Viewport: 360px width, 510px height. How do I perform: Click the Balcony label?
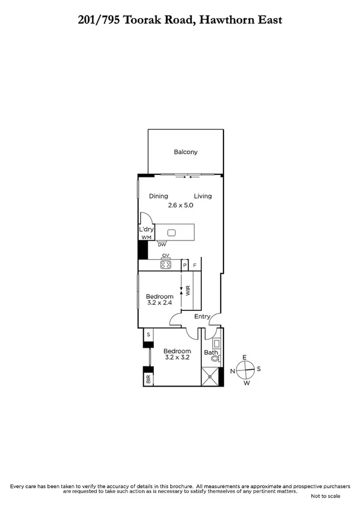click(x=186, y=152)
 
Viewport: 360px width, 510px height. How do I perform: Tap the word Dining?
click(x=159, y=196)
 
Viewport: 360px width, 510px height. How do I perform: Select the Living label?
click(x=203, y=196)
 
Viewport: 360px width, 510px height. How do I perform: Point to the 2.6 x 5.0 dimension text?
click(x=180, y=205)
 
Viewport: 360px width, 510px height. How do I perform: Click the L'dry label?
click(x=145, y=230)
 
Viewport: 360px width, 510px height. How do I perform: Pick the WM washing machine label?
click(x=145, y=238)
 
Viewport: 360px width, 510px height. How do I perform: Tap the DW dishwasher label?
click(x=162, y=245)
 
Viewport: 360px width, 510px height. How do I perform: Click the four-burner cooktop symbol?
click(x=166, y=264)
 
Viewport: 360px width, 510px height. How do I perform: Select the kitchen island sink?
click(x=171, y=232)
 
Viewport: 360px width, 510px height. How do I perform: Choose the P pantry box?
click(x=185, y=265)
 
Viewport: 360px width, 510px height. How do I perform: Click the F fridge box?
click(x=195, y=265)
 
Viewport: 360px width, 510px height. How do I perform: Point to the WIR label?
click(x=188, y=290)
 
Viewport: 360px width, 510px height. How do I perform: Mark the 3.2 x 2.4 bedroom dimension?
click(x=160, y=304)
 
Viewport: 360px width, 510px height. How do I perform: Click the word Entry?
click(x=203, y=317)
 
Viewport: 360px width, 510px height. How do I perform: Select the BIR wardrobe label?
click(x=147, y=379)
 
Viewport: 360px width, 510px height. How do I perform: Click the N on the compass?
click(x=232, y=371)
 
